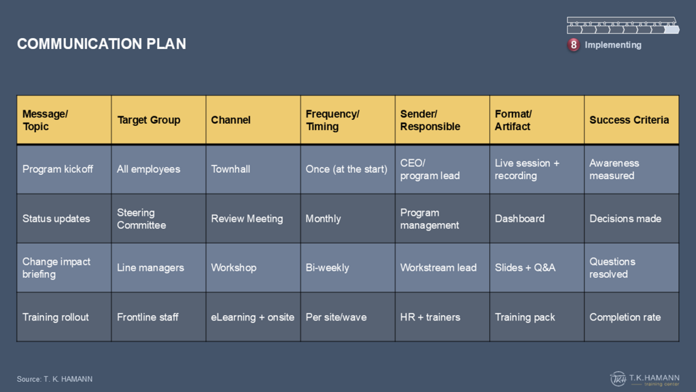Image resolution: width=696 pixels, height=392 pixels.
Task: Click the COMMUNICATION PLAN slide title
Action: click(x=102, y=44)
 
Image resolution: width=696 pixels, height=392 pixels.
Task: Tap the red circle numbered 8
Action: click(x=574, y=45)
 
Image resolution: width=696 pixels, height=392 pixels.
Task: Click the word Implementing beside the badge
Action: click(x=613, y=45)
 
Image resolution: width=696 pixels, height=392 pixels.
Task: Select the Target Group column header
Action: click(x=158, y=120)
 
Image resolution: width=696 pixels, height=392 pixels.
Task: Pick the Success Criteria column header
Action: click(x=631, y=120)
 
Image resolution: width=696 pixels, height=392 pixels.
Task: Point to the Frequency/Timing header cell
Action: click(x=347, y=120)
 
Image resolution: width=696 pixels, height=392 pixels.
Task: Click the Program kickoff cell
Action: click(x=64, y=169)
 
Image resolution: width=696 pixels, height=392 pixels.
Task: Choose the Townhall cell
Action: click(x=253, y=169)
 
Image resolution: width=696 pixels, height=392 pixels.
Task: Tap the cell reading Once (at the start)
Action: click(x=347, y=169)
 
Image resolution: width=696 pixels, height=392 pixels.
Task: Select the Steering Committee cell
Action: click(x=158, y=218)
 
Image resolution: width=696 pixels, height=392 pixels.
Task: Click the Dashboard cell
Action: click(x=537, y=218)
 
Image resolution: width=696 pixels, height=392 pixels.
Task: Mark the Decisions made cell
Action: click(x=631, y=218)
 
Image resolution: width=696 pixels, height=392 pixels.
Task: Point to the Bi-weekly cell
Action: click(x=347, y=267)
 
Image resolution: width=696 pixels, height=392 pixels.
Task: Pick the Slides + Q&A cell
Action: click(x=537, y=267)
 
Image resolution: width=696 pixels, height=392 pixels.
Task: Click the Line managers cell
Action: click(x=158, y=267)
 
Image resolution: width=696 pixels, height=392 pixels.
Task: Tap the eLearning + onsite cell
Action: click(x=253, y=317)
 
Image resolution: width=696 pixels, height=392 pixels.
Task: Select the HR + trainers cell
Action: click(x=442, y=317)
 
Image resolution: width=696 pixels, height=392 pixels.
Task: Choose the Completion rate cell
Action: click(x=631, y=317)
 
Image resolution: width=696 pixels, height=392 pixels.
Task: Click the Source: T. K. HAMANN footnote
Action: click(x=54, y=379)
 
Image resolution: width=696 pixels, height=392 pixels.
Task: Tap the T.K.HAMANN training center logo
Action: click(x=644, y=379)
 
